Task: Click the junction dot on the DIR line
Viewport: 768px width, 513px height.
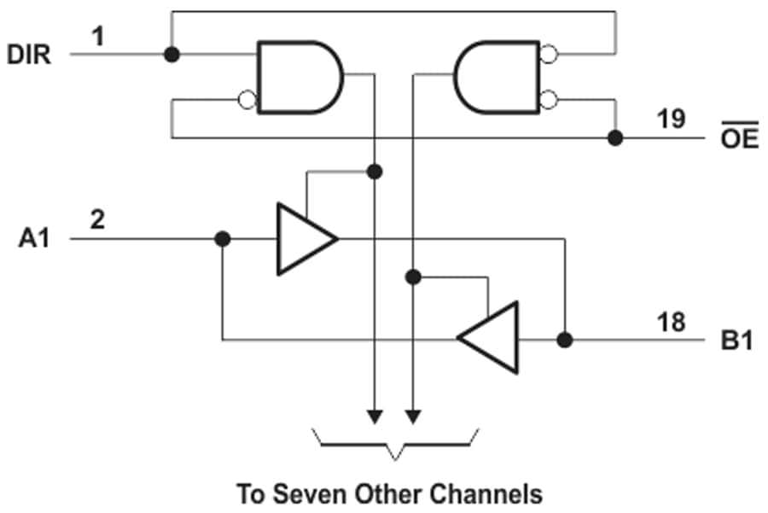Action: click(172, 54)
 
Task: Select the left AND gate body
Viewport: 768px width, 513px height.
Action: click(297, 77)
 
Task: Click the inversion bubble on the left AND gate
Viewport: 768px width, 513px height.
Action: click(248, 100)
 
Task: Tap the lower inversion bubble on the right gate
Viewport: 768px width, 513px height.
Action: click(549, 100)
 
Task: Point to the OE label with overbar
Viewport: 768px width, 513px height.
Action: click(739, 139)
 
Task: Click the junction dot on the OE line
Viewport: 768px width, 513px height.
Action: click(613, 137)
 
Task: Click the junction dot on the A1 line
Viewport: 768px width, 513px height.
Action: click(223, 239)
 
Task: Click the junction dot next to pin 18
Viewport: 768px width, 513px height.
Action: click(564, 340)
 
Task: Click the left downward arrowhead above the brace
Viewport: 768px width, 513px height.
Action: click(374, 417)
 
